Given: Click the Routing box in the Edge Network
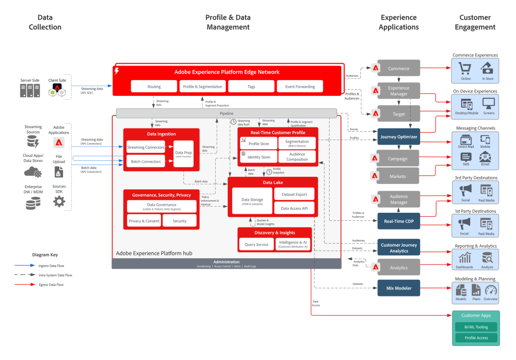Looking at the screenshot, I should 154,87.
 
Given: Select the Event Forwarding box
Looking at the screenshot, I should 299,87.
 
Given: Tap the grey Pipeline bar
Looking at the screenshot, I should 226,113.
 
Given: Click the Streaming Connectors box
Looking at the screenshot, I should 146,147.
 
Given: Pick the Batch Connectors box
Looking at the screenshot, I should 146,162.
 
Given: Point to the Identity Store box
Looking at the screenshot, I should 259,157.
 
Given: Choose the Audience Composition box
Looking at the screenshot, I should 297,157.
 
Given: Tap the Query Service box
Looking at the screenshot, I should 256,245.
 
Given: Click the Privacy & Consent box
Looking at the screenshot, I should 144,221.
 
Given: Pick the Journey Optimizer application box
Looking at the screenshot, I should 399,137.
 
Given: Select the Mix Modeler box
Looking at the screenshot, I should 399,288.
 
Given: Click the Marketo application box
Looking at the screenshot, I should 399,176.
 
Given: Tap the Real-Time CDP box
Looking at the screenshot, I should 399,221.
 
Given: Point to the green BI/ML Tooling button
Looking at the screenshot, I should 475,327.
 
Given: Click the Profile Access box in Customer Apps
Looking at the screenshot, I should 475,338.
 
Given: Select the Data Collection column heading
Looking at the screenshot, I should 45,22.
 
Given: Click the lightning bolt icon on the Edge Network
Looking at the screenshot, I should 117,71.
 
